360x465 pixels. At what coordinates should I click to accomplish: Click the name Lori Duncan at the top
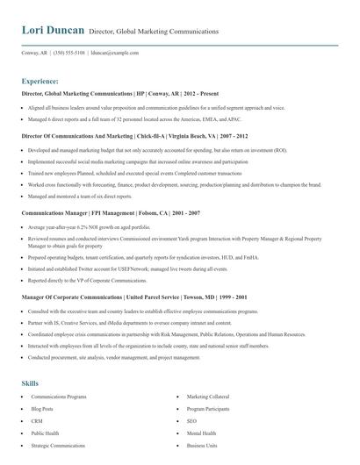click(53, 31)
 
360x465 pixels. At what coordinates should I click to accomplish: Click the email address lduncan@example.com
click(115, 53)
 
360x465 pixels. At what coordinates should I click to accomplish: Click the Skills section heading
click(30, 383)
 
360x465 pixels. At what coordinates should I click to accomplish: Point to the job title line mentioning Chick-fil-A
click(134, 136)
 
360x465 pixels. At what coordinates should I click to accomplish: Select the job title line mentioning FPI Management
click(111, 213)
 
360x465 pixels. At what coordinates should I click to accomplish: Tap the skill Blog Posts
click(42, 409)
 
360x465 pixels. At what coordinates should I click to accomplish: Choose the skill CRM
click(37, 421)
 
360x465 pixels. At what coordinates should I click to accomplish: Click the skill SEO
click(191, 421)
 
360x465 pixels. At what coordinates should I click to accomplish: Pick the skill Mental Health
click(201, 433)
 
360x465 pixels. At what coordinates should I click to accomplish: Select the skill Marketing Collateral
click(208, 397)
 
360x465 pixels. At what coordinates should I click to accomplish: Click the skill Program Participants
click(207, 409)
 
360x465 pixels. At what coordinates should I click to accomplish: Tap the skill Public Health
click(45, 433)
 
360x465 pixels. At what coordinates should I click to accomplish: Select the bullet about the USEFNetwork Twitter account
click(115, 269)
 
